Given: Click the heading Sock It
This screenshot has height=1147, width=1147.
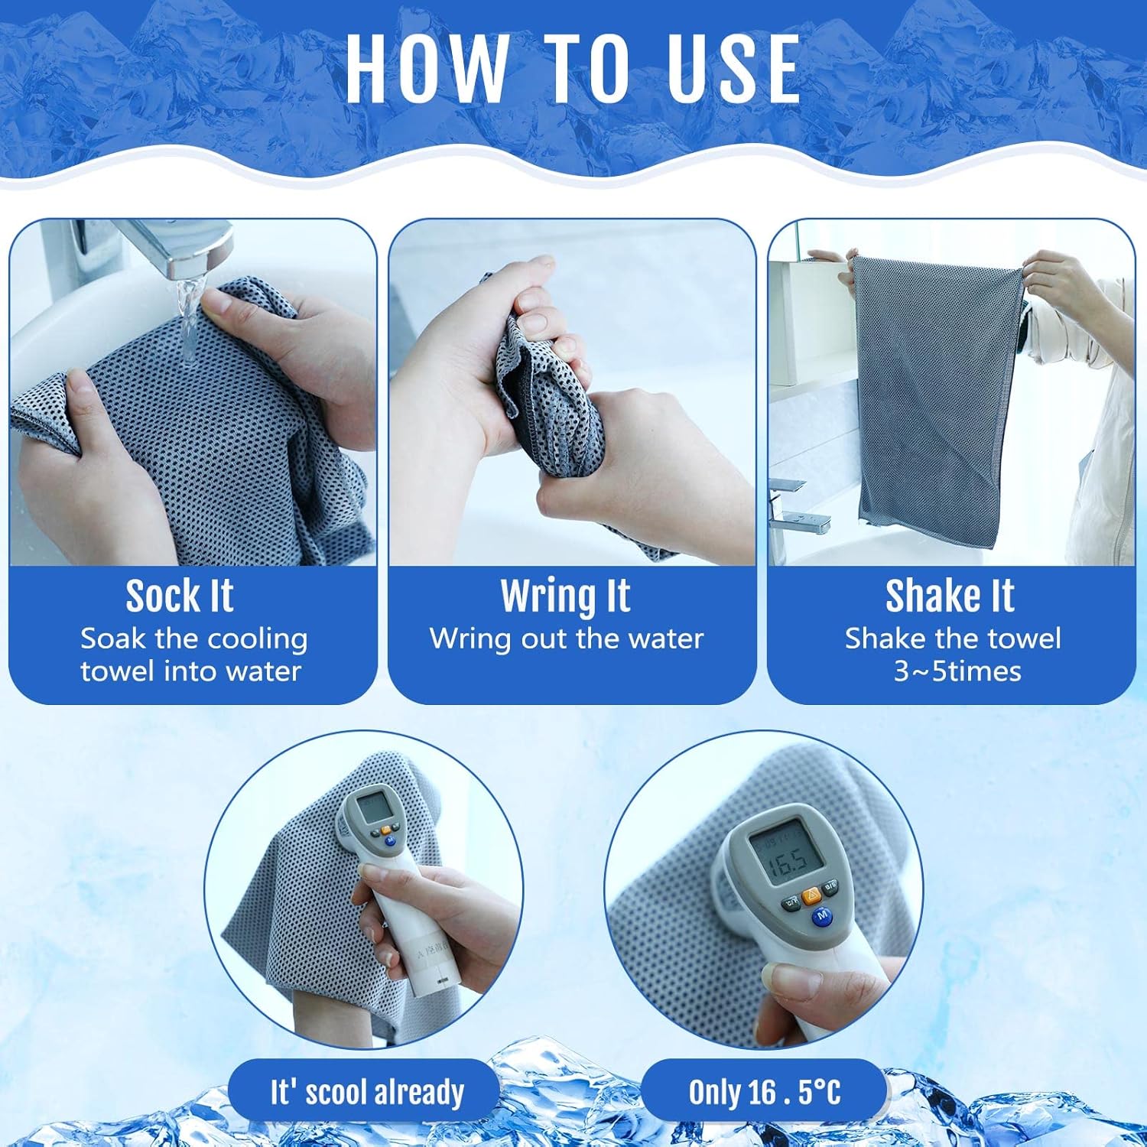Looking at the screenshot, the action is [x=179, y=596].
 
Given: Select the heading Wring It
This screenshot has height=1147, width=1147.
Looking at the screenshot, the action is [x=566, y=596].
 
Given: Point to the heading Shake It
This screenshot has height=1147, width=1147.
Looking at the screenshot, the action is [x=950, y=596].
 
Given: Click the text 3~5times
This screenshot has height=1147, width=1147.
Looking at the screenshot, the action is [x=957, y=671].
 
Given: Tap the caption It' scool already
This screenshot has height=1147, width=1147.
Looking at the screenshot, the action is [x=367, y=1093].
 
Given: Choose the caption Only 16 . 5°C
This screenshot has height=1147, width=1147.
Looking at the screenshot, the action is [x=765, y=1092].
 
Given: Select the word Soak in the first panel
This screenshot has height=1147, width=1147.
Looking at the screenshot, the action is [x=114, y=639].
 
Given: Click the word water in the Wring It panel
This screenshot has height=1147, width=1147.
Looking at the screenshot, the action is [x=664, y=639].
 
